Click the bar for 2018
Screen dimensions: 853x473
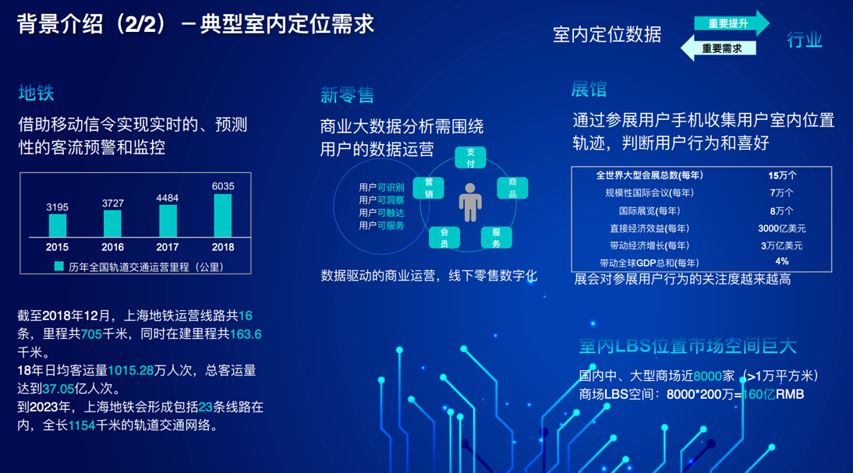click(223, 215)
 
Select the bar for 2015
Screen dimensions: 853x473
click(58, 226)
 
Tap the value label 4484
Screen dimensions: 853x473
click(167, 198)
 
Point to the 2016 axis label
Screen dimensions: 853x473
click(112, 247)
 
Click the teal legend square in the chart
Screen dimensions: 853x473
click(59, 267)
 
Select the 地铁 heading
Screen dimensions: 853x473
click(36, 93)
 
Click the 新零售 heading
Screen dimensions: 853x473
click(347, 95)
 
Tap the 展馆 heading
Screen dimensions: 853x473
click(589, 89)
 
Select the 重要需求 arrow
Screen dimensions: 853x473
click(718, 48)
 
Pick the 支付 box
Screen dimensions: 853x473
click(471, 157)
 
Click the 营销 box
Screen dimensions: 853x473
click(429, 188)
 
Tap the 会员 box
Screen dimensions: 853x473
click(444, 238)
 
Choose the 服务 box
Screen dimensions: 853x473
click(496, 238)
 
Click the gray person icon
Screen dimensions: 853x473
click(470, 203)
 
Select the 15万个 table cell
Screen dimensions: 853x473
click(782, 175)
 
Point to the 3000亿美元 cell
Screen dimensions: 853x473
click(782, 228)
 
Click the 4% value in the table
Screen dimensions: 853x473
click(782, 262)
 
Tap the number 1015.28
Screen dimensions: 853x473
click(130, 370)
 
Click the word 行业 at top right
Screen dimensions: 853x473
click(805, 40)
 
